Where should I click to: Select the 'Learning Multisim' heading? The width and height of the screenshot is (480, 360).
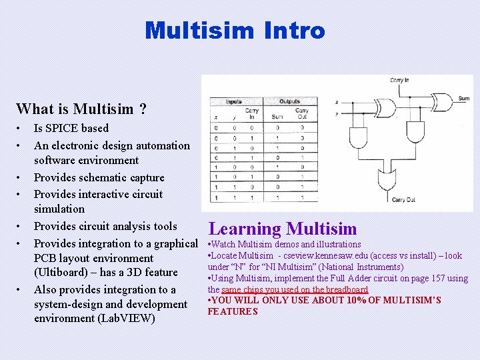283,229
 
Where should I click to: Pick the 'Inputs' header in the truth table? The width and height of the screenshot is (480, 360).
233,102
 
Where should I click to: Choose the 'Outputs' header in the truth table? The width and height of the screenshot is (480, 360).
290,102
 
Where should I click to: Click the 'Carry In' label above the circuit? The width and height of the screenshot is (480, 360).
399,81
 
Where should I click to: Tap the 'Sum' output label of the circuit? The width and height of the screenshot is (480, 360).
463,99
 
